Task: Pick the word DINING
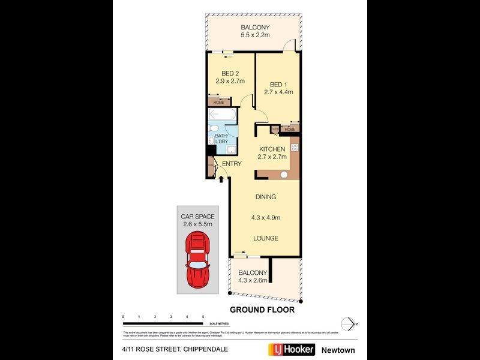pos(266,197)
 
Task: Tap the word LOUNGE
pos(265,238)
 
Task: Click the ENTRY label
pos(232,164)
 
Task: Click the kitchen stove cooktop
pos(295,148)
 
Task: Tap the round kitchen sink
pos(284,175)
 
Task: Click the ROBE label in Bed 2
pos(218,103)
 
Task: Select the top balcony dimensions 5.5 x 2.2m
pos(255,36)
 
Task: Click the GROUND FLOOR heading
pos(262,310)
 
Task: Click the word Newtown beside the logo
pos(338,350)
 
